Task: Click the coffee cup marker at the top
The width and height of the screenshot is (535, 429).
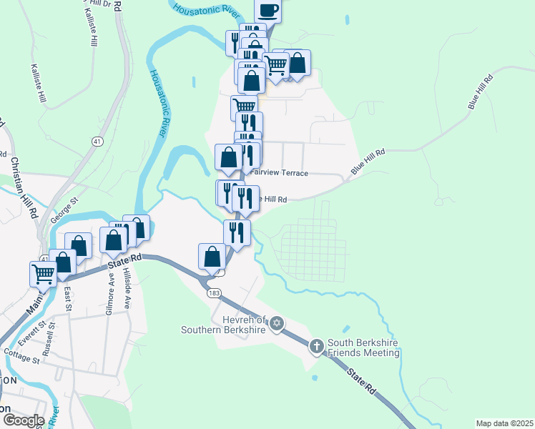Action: (267, 10)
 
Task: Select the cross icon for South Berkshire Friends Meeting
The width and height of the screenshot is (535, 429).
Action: (317, 347)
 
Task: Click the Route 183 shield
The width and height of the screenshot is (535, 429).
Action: (212, 293)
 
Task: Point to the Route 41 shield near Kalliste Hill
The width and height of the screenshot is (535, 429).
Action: (95, 142)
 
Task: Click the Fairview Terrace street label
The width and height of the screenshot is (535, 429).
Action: (280, 173)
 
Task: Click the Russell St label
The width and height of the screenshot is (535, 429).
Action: (49, 346)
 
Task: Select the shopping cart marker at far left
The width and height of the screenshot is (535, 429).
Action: (44, 272)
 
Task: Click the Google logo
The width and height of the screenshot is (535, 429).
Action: (23, 420)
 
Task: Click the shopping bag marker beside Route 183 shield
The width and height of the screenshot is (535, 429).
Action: (212, 256)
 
